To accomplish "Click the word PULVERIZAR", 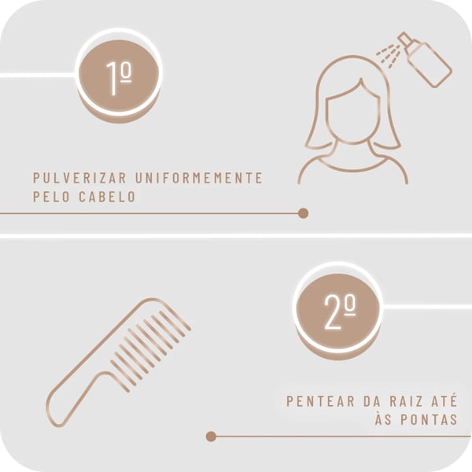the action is point(79,178).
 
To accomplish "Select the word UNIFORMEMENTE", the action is point(199,178).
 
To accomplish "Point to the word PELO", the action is point(51,197).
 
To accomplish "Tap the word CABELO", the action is point(107,197).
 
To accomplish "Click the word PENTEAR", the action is point(320,401).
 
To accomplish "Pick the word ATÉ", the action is point(444,400).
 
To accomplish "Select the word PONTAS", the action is point(429,420).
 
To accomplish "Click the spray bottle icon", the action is point(425,60).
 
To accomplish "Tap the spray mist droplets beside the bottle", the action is point(388,54).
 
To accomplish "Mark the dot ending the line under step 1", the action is point(303,213).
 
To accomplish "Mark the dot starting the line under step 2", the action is point(211,436).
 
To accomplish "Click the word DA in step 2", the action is point(372,401).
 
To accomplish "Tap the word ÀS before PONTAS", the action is point(383,419).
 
